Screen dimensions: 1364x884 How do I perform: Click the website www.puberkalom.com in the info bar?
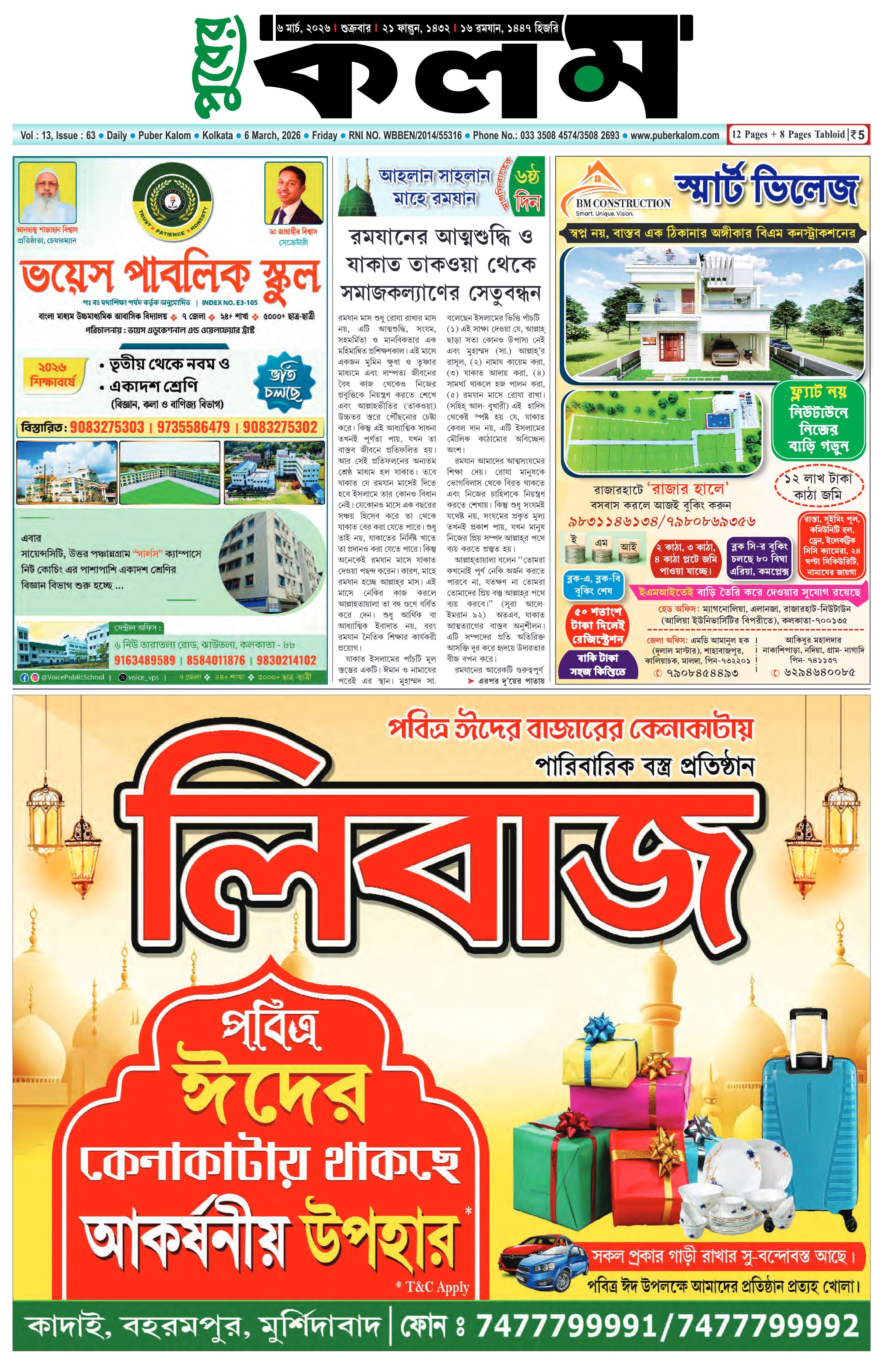(x=674, y=136)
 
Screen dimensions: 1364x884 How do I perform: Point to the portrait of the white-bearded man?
(x=47, y=193)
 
